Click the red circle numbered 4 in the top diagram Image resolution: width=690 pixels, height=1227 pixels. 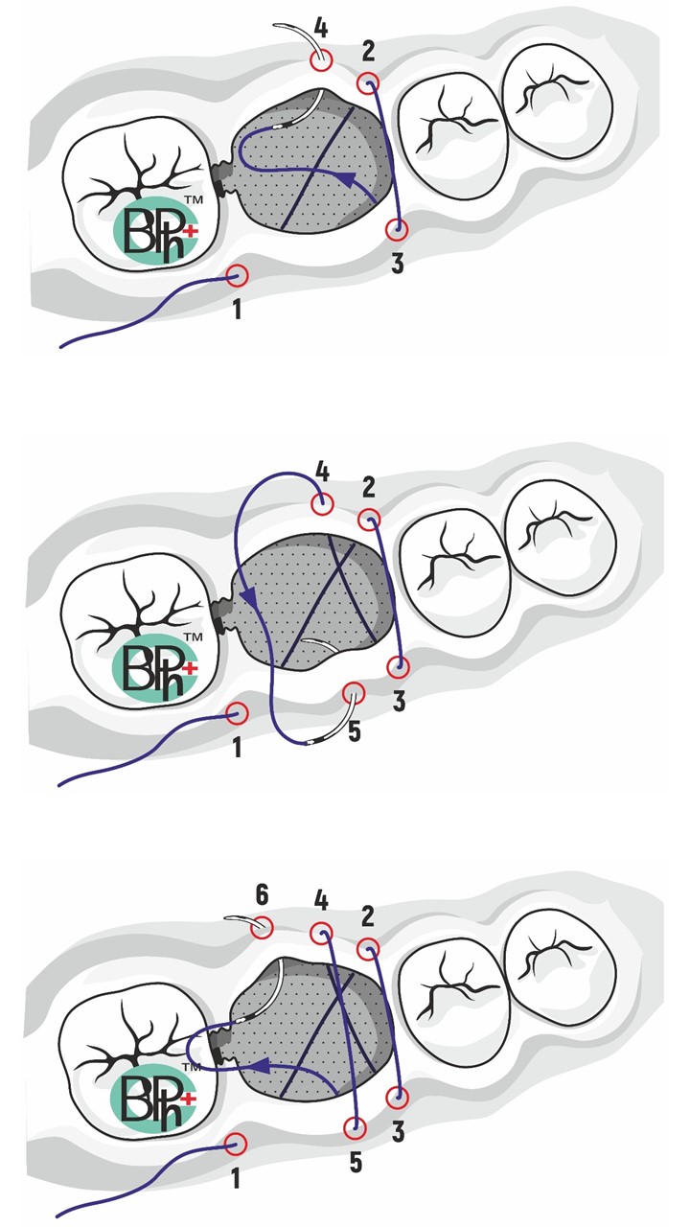click(x=321, y=60)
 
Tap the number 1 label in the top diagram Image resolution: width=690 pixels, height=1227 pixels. click(x=237, y=310)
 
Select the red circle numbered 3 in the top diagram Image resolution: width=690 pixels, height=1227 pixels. click(x=397, y=229)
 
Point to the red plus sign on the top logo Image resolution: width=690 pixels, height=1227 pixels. click(x=191, y=232)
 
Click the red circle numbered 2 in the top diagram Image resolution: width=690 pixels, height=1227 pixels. click(x=369, y=83)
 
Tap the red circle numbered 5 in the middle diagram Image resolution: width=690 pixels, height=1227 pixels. click(x=354, y=693)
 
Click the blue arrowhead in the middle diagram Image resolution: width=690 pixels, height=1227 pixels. click(x=251, y=595)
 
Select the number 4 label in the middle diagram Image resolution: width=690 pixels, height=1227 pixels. click(x=323, y=472)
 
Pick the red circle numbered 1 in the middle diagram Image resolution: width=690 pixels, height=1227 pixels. click(x=237, y=712)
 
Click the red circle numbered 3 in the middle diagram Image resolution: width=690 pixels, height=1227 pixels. click(x=398, y=666)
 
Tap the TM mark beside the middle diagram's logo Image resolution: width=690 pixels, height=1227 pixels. click(x=193, y=637)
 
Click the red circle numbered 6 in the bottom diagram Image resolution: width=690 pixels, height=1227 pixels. click(x=262, y=927)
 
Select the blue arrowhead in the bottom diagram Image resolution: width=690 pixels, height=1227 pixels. click(x=261, y=1065)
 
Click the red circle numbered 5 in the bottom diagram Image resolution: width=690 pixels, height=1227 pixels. click(x=355, y=1128)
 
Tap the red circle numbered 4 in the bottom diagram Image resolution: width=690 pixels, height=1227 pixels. click(x=321, y=934)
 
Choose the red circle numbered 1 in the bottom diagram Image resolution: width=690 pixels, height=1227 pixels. click(x=236, y=1145)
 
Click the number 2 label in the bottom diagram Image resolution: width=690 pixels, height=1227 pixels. click(x=367, y=916)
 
